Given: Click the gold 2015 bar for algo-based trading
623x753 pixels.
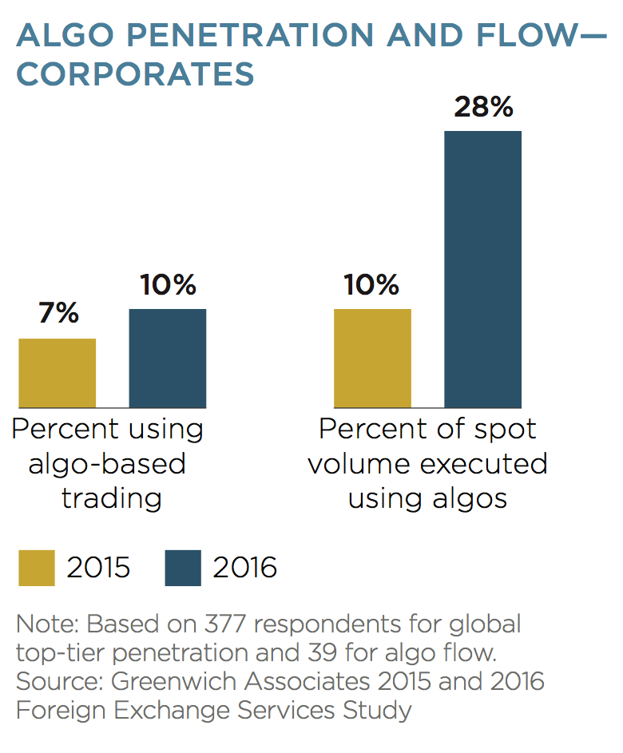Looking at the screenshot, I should (x=57, y=373).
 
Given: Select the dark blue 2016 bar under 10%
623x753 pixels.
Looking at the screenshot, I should (x=167, y=359).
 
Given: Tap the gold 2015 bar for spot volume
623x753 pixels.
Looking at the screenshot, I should (x=372, y=359).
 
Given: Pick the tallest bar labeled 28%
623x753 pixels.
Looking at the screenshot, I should (x=482, y=269).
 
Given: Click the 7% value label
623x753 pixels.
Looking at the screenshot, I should (x=58, y=314).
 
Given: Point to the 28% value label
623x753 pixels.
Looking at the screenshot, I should (x=483, y=106).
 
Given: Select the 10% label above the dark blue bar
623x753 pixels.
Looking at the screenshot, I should (x=168, y=285).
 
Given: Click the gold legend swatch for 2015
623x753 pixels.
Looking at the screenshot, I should (x=36, y=568).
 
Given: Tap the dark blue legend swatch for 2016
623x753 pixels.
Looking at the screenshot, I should (x=183, y=568).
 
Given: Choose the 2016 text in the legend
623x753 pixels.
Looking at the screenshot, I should (x=244, y=568).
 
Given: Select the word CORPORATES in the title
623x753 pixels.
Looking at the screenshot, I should (x=135, y=73).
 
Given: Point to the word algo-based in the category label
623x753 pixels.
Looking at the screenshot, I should (x=107, y=464).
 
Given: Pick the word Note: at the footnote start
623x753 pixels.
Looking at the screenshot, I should (x=47, y=623).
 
